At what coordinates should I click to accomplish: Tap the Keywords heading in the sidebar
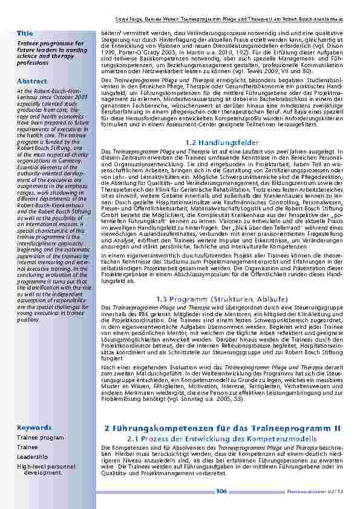pyautogui.click(x=34, y=427)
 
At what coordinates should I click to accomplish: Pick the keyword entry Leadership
pyautogui.click(x=32, y=457)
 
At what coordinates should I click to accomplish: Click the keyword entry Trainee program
pyautogui.click(x=40, y=438)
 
